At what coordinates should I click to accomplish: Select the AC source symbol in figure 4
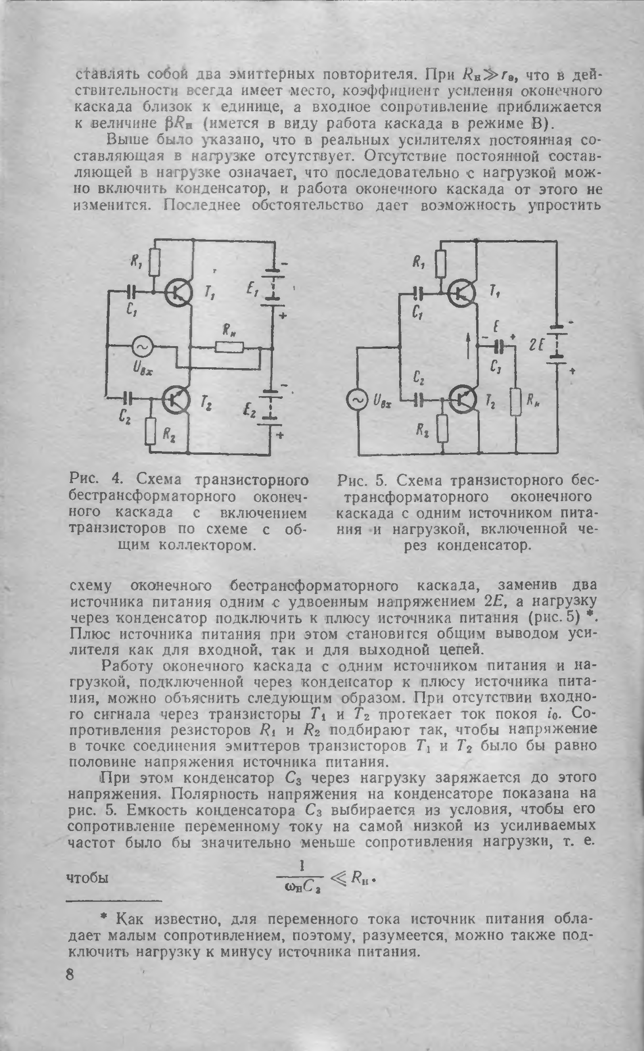click(x=142, y=347)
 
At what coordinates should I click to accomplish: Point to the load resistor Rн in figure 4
click(x=229, y=347)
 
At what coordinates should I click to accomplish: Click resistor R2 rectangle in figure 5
click(x=444, y=429)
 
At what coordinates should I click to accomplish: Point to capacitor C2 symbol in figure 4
click(x=129, y=398)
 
